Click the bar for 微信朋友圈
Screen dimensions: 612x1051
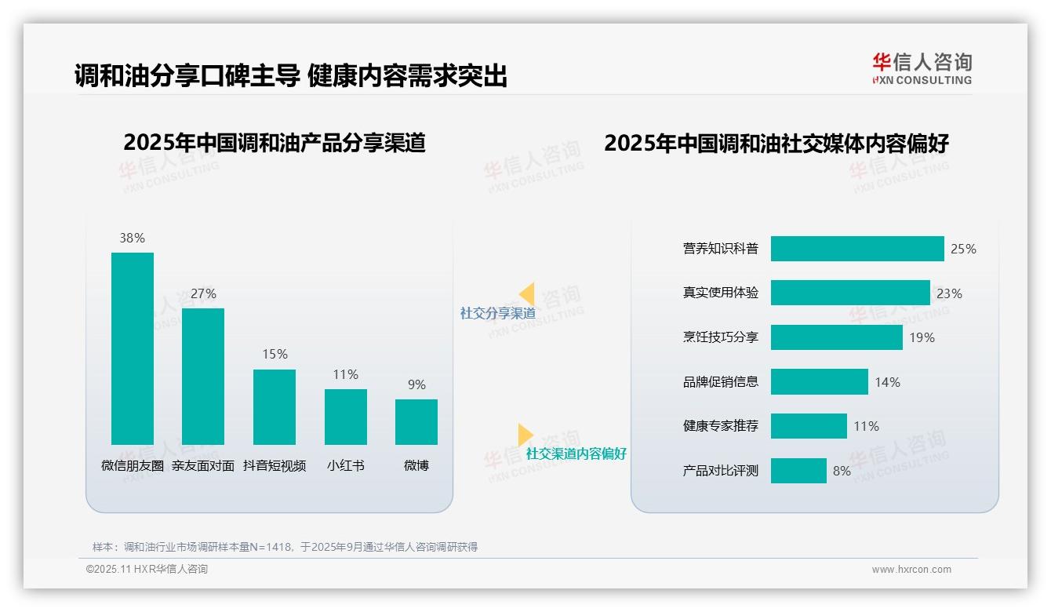pyautogui.click(x=133, y=348)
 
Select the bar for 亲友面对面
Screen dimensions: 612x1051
pyautogui.click(x=203, y=377)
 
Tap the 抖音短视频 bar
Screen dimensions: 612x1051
pyautogui.click(x=275, y=407)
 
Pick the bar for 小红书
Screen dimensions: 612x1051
pyautogui.click(x=345, y=417)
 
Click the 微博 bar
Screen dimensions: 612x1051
pyautogui.click(x=416, y=422)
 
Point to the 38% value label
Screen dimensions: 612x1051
pyautogui.click(x=132, y=238)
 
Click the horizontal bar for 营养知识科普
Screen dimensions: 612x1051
pyautogui.click(x=857, y=249)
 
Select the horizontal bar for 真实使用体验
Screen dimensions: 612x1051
pyautogui.click(x=850, y=293)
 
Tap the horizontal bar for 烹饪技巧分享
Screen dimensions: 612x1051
pyautogui.click(x=836, y=337)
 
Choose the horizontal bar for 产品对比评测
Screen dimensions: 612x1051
pyautogui.click(x=798, y=471)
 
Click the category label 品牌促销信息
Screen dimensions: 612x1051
pyautogui.click(x=721, y=382)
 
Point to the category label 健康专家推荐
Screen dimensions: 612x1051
pyautogui.click(x=721, y=426)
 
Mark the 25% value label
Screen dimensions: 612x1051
pyautogui.click(x=963, y=249)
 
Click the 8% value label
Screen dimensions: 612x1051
pyautogui.click(x=842, y=471)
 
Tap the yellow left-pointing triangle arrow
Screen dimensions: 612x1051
pyautogui.click(x=527, y=293)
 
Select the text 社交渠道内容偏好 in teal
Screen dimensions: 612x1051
pyautogui.click(x=576, y=454)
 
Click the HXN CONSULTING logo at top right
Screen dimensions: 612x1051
pyautogui.click(x=922, y=68)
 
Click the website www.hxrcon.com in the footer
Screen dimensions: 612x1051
pyautogui.click(x=911, y=570)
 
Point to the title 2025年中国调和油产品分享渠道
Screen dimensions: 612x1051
pyautogui.click(x=275, y=143)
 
